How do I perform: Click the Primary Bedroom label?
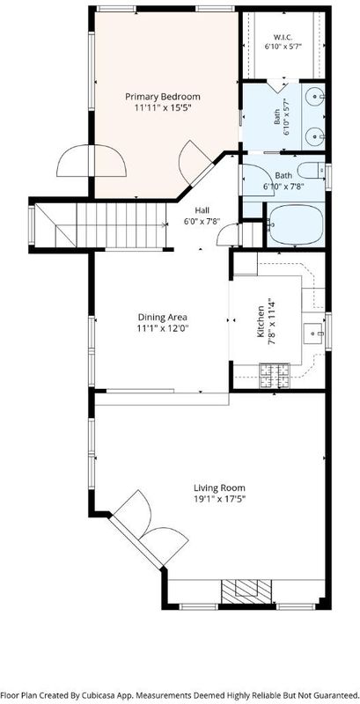coord(163,97)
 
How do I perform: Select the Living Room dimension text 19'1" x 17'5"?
coord(219,498)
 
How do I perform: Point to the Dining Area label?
coord(162,318)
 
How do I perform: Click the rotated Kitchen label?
coord(260,321)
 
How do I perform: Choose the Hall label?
coord(202,209)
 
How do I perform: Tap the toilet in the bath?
coord(312,171)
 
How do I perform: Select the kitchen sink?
coord(312,334)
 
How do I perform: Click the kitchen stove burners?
coord(274,376)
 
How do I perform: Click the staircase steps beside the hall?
coord(121,225)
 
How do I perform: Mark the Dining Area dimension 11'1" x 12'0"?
coord(162,328)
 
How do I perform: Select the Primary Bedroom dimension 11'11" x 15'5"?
coord(163,107)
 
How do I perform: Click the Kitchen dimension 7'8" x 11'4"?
coord(270,321)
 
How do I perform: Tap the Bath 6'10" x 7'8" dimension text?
coord(283,186)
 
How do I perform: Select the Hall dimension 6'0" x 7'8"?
coord(202,221)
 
